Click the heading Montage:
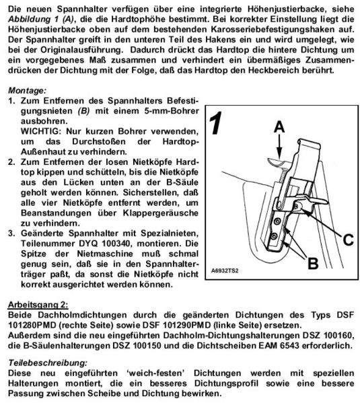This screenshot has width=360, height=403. coord(28,89)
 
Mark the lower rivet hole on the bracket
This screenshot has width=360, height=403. coord(275,235)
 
